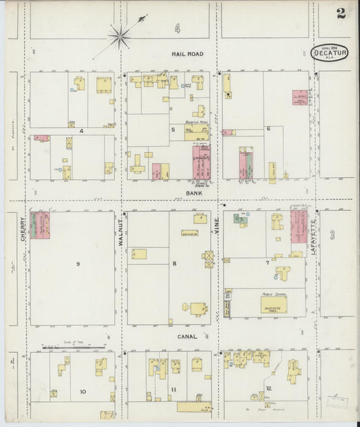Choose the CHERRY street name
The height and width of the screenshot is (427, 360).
click(24, 230)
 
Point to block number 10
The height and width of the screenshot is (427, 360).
click(82, 391)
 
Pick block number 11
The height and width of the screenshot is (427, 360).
click(174, 390)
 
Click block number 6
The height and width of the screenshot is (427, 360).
click(268, 128)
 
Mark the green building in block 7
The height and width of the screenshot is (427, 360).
click(238, 219)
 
